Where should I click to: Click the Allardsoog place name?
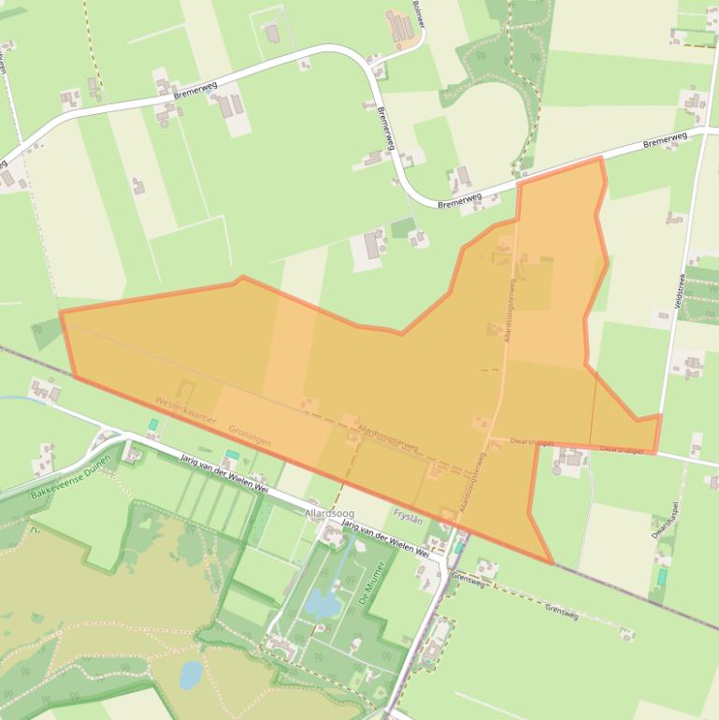pyautogui.click(x=327, y=514)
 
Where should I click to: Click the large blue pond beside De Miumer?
pyautogui.click(x=324, y=604)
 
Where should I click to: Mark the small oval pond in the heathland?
pyautogui.click(x=190, y=673)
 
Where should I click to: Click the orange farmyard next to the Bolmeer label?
pyautogui.click(x=400, y=28)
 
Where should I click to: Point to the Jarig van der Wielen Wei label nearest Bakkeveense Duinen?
pyautogui.click(x=224, y=474)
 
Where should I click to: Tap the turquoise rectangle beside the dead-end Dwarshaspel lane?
pyautogui.click(x=662, y=577)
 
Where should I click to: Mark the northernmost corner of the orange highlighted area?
pyautogui.click(x=599, y=158)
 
